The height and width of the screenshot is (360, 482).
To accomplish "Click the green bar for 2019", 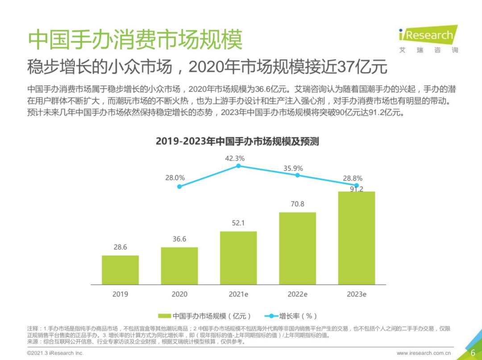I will (120, 270).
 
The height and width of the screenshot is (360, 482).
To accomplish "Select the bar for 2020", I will (179, 266).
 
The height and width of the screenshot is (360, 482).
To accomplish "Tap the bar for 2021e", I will (238, 258).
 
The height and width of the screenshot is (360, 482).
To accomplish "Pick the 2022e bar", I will (297, 248).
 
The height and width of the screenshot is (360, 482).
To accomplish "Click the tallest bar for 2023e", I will (356, 238).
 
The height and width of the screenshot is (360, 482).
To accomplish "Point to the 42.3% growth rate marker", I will (238, 166).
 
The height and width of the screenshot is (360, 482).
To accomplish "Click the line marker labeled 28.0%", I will (179, 186).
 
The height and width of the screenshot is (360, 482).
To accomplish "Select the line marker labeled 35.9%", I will (297, 175).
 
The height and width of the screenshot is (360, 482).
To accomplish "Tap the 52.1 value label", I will (238, 223).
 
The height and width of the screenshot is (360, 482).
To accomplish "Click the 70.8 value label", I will (297, 204).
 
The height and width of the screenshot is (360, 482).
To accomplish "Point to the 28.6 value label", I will (120, 247).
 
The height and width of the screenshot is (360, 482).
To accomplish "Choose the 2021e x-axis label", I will (238, 294).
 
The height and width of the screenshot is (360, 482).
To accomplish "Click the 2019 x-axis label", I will (120, 294).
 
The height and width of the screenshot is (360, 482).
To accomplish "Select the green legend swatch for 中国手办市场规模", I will (165, 316).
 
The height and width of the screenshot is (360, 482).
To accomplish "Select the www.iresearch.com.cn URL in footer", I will (424, 353).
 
